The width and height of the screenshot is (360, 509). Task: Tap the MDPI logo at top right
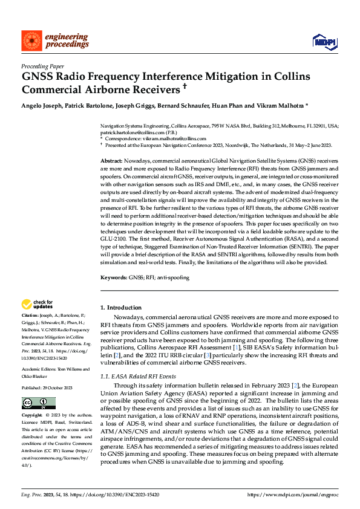(324, 41)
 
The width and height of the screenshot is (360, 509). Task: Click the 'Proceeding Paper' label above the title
(42, 67)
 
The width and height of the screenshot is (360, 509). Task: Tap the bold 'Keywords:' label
(114, 277)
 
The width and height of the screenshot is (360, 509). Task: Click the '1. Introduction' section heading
(120, 308)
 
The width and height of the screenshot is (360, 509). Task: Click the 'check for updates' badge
(38, 304)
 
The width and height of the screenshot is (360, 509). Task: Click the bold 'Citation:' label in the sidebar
(31, 316)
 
